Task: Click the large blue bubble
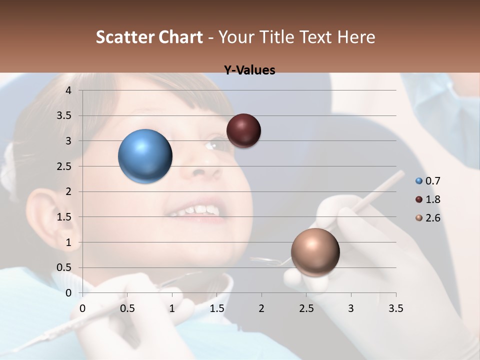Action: [145, 156]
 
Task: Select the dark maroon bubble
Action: [243, 130]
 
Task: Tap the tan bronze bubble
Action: [315, 252]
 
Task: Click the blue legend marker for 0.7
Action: [419, 181]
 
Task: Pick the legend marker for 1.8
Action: [419, 199]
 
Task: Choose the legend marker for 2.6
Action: [419, 218]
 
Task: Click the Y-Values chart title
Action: [249, 70]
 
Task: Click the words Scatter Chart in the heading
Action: [149, 37]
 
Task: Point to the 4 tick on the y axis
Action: [69, 90]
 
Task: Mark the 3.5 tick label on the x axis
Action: [395, 308]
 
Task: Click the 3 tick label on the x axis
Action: [351, 308]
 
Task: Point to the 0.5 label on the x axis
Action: [127, 308]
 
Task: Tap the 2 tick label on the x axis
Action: [261, 308]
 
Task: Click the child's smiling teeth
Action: [197, 210]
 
